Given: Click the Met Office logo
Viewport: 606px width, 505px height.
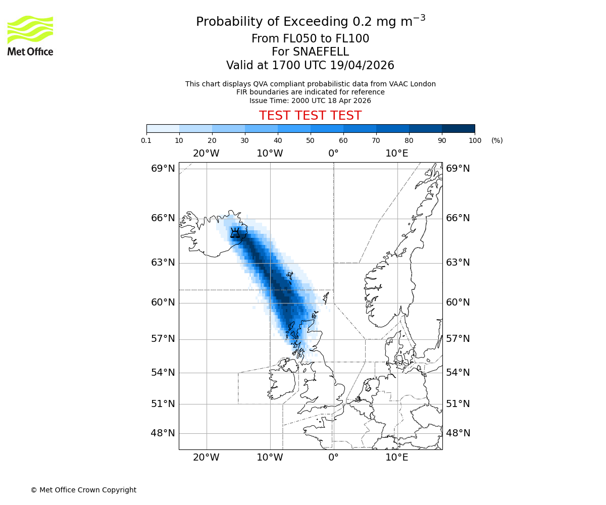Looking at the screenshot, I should (x=30, y=35).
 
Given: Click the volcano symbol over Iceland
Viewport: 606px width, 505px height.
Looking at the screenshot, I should (x=235, y=233).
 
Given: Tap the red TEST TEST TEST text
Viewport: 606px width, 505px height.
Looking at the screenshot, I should (x=310, y=116).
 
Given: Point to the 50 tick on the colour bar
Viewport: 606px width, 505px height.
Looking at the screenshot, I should (x=310, y=140).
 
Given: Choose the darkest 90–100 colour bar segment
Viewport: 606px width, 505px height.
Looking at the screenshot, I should (x=458, y=128).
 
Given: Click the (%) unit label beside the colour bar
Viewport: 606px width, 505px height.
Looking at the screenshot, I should (x=497, y=140).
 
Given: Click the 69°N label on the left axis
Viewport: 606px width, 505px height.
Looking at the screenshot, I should (x=163, y=169).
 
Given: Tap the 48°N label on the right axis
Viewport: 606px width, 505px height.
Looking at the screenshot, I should (x=458, y=433).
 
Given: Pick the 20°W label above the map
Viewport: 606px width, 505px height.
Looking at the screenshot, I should (x=206, y=154).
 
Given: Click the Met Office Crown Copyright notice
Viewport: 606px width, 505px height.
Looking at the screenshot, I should (x=83, y=490).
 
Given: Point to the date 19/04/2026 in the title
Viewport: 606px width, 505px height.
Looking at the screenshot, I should (x=362, y=66).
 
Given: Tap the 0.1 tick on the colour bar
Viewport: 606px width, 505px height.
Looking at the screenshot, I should (x=146, y=140).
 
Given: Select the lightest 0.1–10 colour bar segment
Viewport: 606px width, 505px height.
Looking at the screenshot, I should (x=163, y=128).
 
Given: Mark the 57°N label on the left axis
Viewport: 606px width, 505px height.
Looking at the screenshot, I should (x=163, y=339).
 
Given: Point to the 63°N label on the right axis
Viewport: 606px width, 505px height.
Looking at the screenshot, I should (x=458, y=263).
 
